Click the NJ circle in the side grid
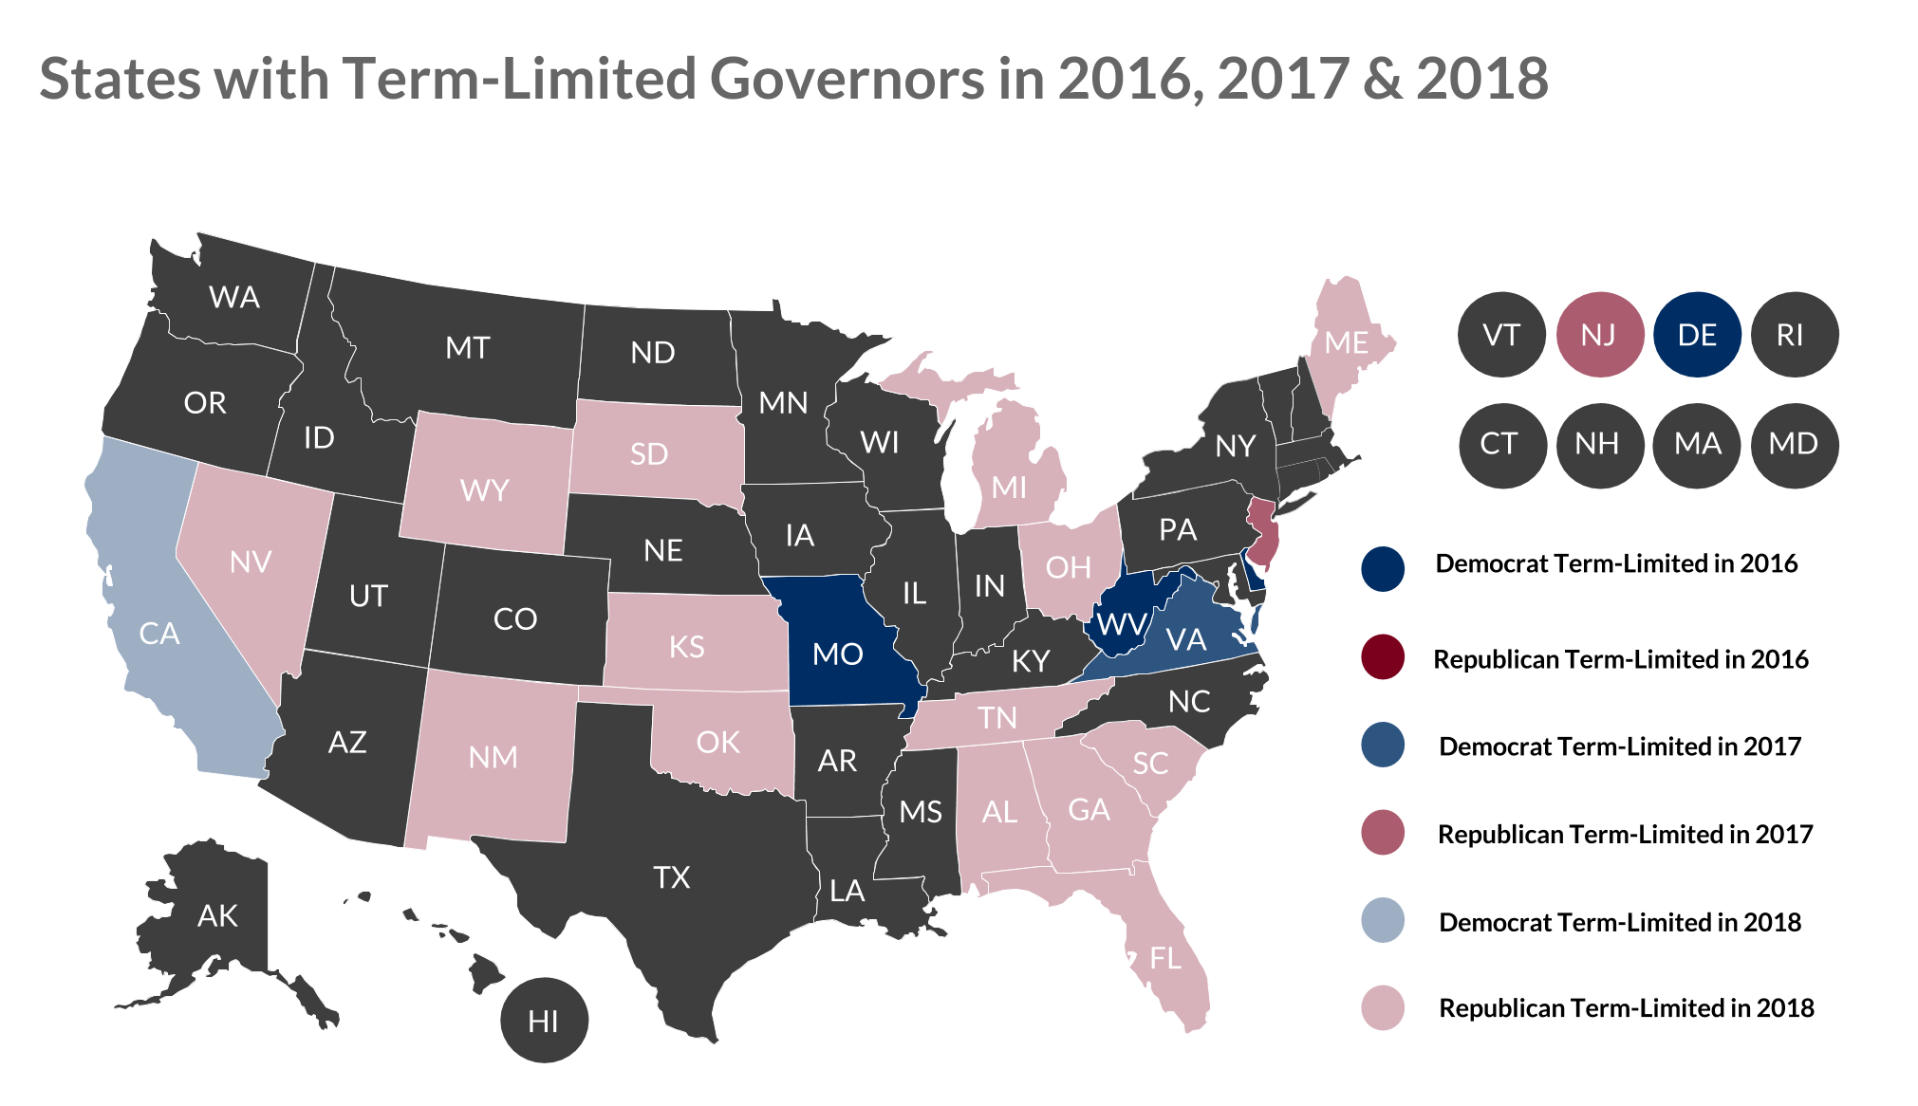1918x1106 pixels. (x=1599, y=335)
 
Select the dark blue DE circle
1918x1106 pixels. (x=1697, y=335)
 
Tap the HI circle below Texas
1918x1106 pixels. (x=544, y=1021)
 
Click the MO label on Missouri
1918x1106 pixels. (x=837, y=654)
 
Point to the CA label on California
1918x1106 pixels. (x=158, y=634)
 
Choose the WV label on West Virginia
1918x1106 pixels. (x=1121, y=625)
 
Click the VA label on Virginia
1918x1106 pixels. (x=1186, y=640)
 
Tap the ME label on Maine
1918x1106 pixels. (x=1346, y=342)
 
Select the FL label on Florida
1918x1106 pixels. (x=1165, y=958)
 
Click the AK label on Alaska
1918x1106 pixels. (x=217, y=915)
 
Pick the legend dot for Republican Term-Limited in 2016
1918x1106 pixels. (x=1383, y=657)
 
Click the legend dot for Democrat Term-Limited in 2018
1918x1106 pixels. (x=1383, y=921)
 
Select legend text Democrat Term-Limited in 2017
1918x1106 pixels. (x=1619, y=747)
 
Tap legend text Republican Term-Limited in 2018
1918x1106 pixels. (x=1626, y=1007)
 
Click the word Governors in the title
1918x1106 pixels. (x=847, y=78)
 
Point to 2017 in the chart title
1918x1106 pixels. (x=1283, y=78)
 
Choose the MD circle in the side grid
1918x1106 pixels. (x=1793, y=444)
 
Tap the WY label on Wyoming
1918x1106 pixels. (x=484, y=490)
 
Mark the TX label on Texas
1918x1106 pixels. (x=671, y=877)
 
